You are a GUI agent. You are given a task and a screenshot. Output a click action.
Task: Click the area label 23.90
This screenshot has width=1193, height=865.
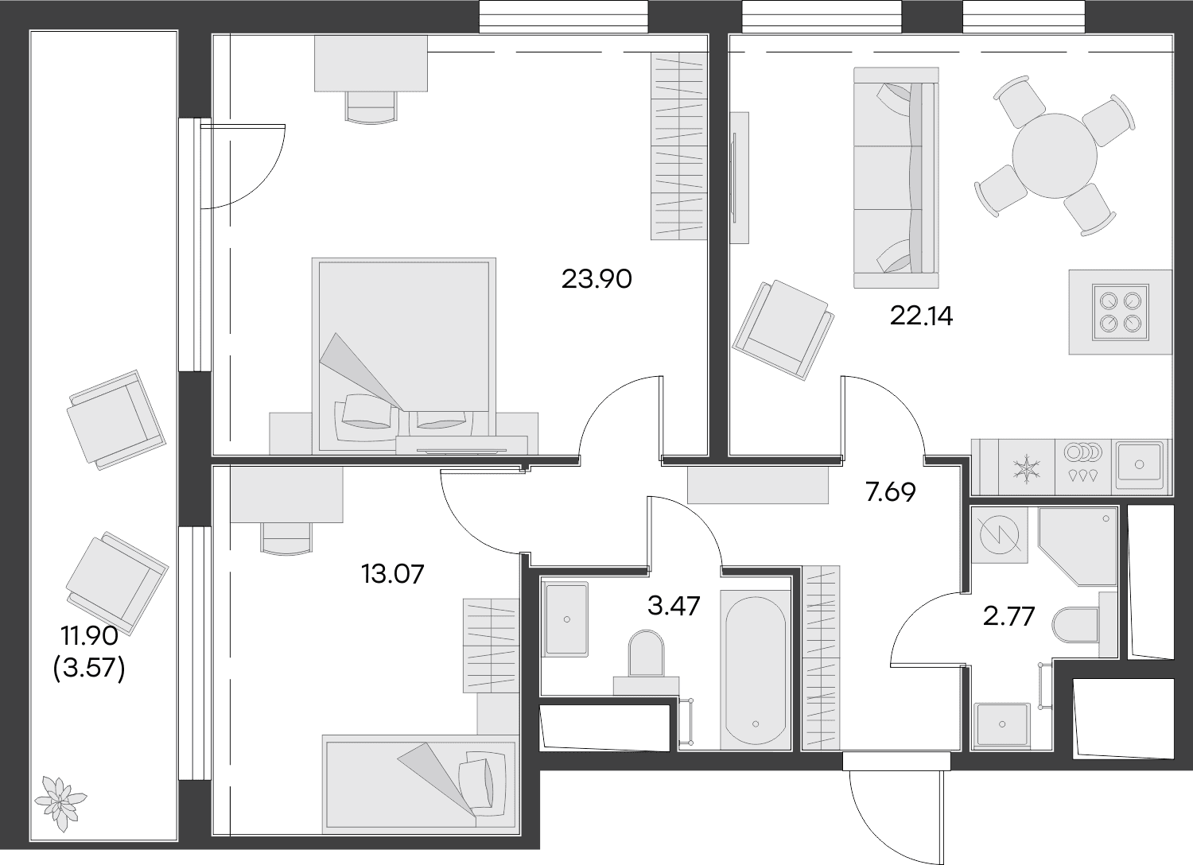[596, 279]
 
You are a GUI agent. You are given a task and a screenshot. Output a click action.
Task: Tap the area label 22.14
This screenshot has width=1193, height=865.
[921, 316]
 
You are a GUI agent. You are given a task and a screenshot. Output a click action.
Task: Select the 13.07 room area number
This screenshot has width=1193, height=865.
[393, 574]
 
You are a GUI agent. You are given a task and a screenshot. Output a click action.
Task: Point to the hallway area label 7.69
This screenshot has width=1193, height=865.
[891, 492]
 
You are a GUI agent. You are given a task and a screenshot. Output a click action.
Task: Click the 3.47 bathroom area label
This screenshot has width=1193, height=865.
[674, 606]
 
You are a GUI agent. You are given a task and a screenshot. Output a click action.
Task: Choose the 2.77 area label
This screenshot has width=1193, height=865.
[1008, 616]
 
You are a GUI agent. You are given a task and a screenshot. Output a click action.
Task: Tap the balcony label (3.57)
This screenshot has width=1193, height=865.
[89, 668]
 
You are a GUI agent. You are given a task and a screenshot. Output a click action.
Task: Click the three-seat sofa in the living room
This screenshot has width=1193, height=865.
[896, 178]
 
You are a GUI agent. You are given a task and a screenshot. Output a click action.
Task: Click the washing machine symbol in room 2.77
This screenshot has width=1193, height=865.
[999, 535]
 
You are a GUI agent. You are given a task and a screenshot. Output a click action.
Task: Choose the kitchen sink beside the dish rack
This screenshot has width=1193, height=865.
[1139, 465]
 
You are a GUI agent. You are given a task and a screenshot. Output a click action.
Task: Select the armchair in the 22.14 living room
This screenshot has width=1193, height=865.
[783, 330]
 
